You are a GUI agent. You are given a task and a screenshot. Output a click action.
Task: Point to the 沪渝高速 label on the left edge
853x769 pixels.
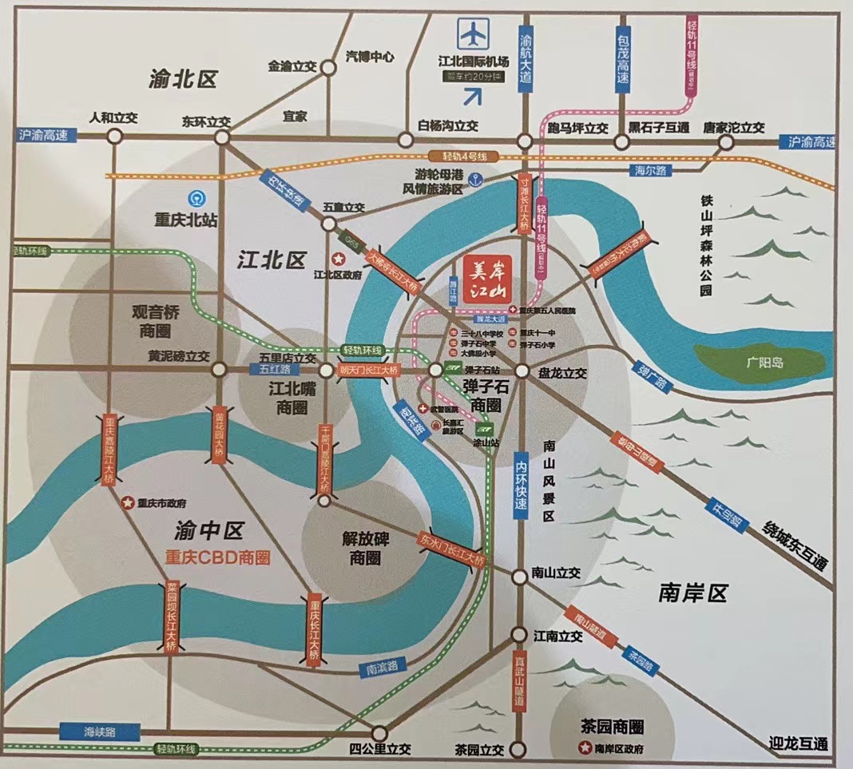click(46, 135)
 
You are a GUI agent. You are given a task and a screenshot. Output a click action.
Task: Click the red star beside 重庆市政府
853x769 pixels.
click(127, 503)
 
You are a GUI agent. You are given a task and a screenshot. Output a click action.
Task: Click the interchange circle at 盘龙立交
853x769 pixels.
click(521, 371)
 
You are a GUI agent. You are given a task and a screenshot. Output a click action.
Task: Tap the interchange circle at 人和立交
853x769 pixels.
click(114, 137)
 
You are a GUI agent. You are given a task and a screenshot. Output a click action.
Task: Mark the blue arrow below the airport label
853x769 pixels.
click(474, 97)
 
